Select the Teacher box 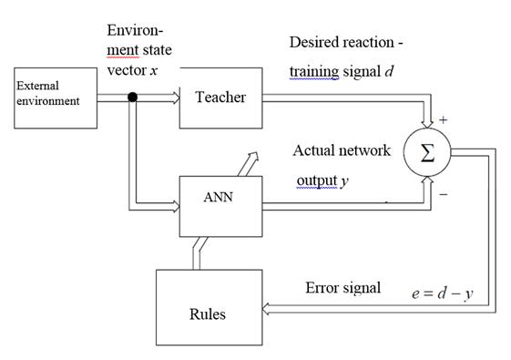tap(220, 97)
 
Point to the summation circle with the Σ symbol tap(427, 153)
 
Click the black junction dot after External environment tap(133, 97)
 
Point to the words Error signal tap(343, 288)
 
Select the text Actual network tap(342, 150)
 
